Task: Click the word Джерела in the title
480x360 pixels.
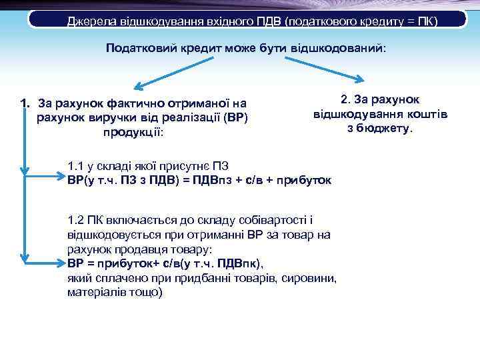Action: click(91, 21)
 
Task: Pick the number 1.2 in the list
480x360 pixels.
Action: click(77, 220)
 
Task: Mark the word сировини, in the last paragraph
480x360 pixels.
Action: click(313, 277)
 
